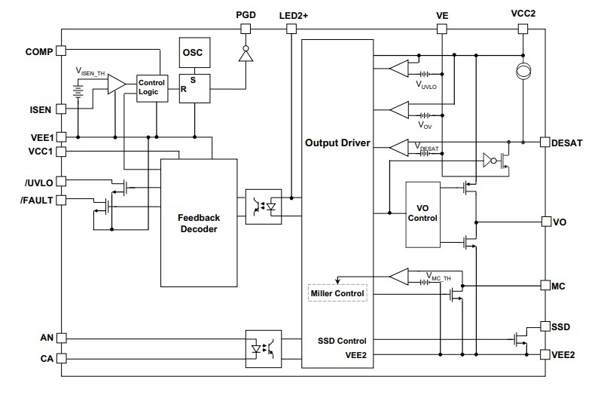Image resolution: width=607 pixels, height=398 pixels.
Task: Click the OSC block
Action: [194, 54]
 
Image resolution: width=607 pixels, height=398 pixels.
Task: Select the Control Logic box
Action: [151, 87]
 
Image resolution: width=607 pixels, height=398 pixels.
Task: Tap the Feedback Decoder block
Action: [198, 222]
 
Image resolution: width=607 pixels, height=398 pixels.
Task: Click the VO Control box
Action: [422, 213]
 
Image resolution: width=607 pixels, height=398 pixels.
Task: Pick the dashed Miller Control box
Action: [337, 292]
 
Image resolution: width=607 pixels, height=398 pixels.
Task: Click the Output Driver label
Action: [337, 142]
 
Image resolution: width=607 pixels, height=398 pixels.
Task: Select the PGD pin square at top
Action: [244, 29]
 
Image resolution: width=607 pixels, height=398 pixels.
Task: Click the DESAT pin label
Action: [566, 142]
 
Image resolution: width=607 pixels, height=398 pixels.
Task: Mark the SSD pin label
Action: [560, 327]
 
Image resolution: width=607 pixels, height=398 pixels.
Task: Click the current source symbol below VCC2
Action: [521, 73]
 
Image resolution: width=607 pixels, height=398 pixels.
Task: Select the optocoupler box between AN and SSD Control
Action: [264, 348]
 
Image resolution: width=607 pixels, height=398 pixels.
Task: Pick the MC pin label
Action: [558, 286]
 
